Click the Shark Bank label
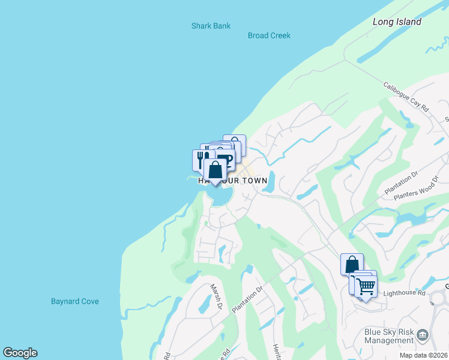coord(211,26)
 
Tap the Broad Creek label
coord(269,35)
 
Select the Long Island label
coord(397,22)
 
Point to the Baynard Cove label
coord(74,301)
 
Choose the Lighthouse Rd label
coord(404,293)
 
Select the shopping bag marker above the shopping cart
coord(352,264)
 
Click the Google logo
coord(20,353)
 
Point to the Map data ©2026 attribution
coord(424,355)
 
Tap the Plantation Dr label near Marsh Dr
coord(247,298)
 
